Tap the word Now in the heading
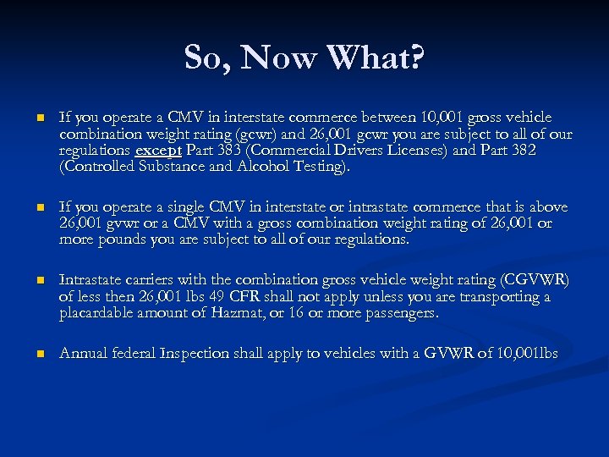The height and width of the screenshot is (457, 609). point(282,58)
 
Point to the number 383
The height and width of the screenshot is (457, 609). point(221,151)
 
